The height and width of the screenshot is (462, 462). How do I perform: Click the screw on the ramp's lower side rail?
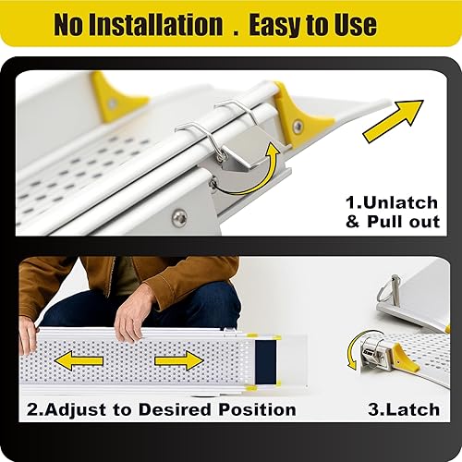tap(179, 217)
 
